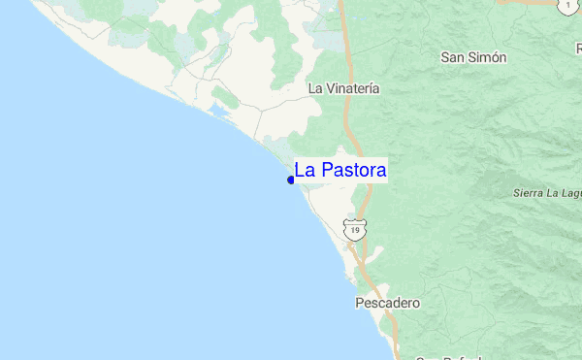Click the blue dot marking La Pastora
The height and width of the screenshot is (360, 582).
[291, 180]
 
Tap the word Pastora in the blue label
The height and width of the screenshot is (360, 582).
[353, 171]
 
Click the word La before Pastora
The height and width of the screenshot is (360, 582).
[305, 171]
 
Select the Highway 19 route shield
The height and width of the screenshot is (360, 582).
[356, 230]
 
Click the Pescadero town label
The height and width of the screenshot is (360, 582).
[386, 303]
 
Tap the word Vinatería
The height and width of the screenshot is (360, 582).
[353, 87]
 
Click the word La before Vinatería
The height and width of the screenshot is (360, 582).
[314, 87]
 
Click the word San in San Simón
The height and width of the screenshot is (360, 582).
[453, 57]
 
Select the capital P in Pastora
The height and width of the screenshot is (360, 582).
[326, 171]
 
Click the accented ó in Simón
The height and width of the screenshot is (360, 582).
[493, 57]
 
